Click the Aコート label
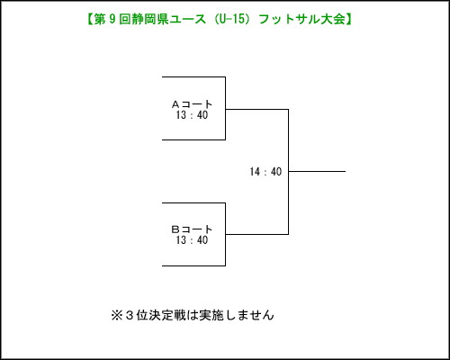pyautogui.click(x=192, y=104)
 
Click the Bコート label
pyautogui.click(x=192, y=229)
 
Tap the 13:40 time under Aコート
pyautogui.click(x=192, y=115)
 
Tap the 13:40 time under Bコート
pyautogui.click(x=192, y=240)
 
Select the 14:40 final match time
pyautogui.click(x=265, y=172)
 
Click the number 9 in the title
pyautogui.click(x=112, y=19)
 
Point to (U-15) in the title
pyautogui.click(x=230, y=19)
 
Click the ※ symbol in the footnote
pyautogui.click(x=117, y=315)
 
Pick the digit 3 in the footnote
pyautogui.click(x=130, y=315)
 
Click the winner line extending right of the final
pyautogui.click(x=317, y=172)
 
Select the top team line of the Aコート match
pyautogui.click(x=193, y=77)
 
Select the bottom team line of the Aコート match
pyautogui.click(x=193, y=139)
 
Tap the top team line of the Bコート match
pyautogui.click(x=193, y=203)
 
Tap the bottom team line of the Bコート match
pyautogui.click(x=193, y=265)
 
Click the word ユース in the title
pyautogui.click(x=187, y=19)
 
